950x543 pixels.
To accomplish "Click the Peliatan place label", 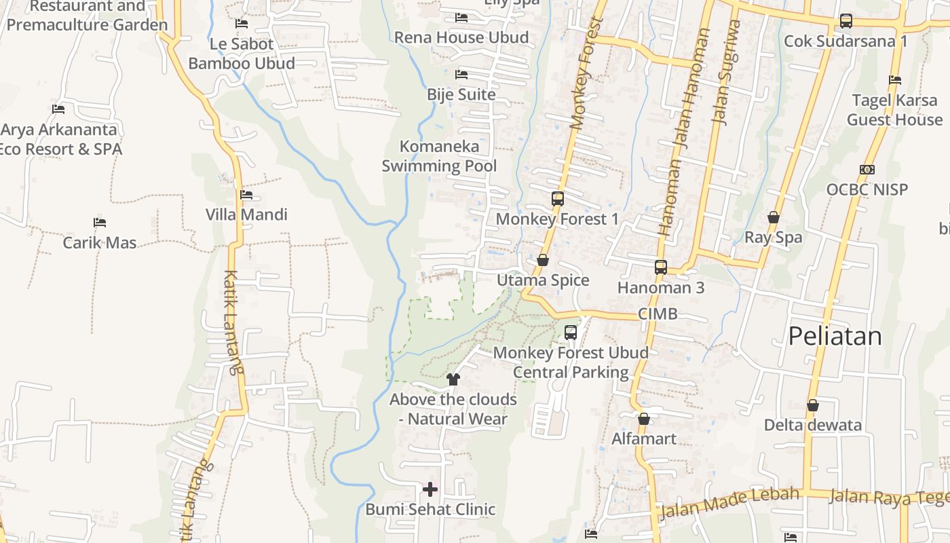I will coord(835,337).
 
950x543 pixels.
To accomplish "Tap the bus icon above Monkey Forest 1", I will coord(558,199).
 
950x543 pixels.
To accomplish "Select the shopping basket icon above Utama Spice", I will coord(543,260).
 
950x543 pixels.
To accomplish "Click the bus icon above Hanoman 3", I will coord(661,267).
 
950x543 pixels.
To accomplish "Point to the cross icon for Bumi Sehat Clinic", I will coord(430,489).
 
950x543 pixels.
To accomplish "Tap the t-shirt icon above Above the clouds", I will coord(453,379).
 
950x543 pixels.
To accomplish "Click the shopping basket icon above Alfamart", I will coord(644,419).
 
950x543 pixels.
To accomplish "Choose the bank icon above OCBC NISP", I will coord(867,170).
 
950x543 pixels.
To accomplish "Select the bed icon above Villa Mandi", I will coord(246,195).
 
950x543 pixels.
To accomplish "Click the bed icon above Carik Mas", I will coord(100,223).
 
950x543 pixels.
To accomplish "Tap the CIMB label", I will coord(658,314).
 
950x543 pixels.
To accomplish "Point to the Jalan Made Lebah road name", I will coord(729,502).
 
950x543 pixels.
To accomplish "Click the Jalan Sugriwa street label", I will coord(725,71).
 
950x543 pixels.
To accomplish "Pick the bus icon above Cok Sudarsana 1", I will coord(845,21).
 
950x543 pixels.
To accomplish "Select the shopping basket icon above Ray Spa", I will coord(773,217).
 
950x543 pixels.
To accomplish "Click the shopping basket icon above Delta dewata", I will coord(813,405).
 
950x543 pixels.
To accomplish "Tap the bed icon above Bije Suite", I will coord(461,74).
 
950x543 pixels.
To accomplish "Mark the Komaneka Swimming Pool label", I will coord(439,156).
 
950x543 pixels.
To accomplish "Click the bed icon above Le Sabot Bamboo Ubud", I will coord(242,24).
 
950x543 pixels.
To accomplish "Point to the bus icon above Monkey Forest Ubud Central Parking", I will coord(571,333).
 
